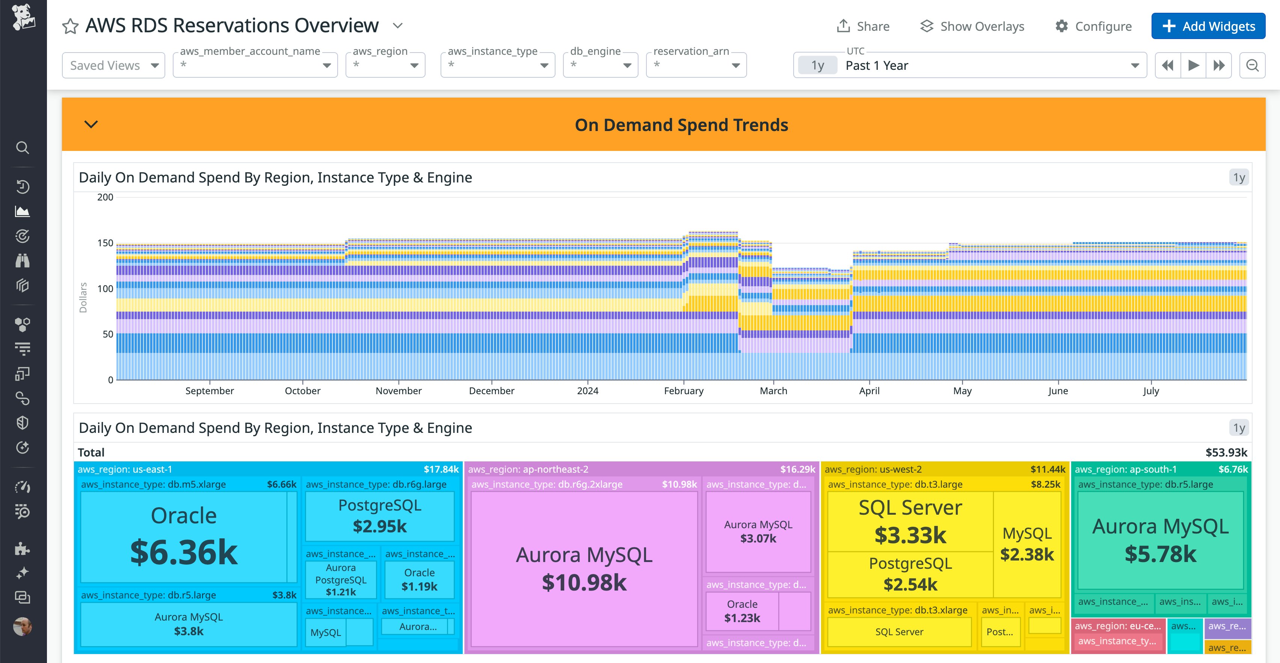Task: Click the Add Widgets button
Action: [1208, 26]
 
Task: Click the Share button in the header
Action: [863, 26]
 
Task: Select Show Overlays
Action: [972, 26]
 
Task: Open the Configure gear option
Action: [1093, 26]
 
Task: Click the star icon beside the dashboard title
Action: [71, 26]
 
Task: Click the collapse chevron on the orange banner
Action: [91, 124]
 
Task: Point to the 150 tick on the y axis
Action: [105, 243]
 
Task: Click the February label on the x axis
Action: [683, 391]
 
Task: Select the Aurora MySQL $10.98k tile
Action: [584, 569]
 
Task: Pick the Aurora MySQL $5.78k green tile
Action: [1160, 540]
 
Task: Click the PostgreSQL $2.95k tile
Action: [380, 516]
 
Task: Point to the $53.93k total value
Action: [1226, 452]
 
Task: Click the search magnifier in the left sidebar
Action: [23, 148]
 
